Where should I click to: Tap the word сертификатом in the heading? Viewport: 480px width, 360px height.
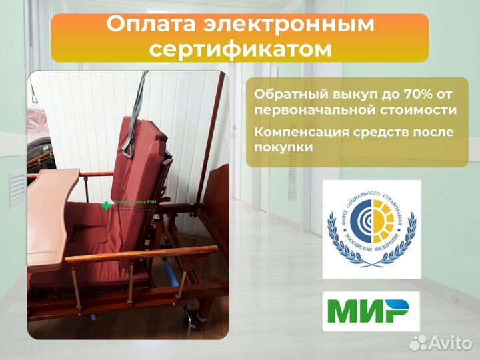click(x=239, y=49)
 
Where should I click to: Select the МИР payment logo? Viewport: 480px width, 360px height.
click(x=371, y=311)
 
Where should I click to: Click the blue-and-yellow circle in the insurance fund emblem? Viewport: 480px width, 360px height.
click(x=371, y=227)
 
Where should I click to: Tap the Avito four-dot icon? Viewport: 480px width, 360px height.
click(x=417, y=343)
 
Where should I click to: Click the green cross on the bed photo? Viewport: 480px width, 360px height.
click(x=105, y=206)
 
